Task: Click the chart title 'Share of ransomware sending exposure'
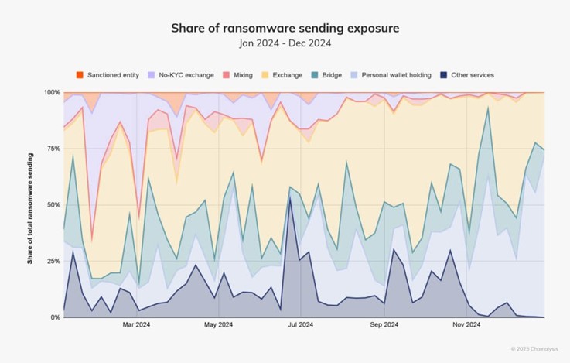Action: pos(285,28)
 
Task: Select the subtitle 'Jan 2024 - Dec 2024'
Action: pos(285,43)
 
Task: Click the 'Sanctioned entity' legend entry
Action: pos(108,75)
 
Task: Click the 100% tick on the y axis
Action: pos(52,92)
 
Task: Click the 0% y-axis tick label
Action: pos(55,317)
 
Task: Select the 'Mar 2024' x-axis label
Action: pos(136,326)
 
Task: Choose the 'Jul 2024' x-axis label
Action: pos(300,326)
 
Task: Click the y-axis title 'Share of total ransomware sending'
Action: pos(30,204)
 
